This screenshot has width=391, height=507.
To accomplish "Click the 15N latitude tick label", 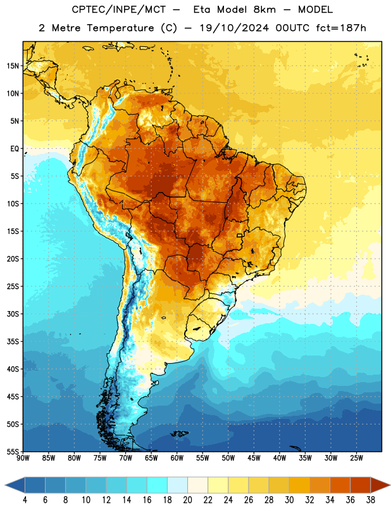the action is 13,66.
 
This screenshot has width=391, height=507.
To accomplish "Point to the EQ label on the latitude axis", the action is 15,149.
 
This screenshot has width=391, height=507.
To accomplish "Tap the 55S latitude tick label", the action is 13,451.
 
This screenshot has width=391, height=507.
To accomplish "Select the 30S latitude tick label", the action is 13,314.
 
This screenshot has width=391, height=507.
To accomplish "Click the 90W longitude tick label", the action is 23,458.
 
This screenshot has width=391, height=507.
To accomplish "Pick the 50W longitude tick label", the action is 228,458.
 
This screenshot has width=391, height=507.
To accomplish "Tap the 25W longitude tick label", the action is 356,458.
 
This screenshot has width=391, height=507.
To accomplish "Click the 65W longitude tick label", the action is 151,458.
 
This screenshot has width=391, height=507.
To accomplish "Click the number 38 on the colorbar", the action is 371,500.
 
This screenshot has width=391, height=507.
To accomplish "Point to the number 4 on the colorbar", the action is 25,500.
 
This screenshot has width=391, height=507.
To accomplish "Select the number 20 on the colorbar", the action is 187,500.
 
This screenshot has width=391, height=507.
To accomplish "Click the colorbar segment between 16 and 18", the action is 158,485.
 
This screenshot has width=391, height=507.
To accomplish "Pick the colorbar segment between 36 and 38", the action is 361,485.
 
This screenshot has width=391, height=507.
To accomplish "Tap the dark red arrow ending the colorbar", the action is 380,485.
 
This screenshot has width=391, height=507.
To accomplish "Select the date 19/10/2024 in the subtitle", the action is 234,28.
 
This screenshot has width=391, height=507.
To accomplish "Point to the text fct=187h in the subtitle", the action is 341,28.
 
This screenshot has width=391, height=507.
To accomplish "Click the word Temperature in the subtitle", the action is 120,28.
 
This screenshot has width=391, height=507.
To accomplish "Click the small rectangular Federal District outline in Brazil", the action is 240,235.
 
